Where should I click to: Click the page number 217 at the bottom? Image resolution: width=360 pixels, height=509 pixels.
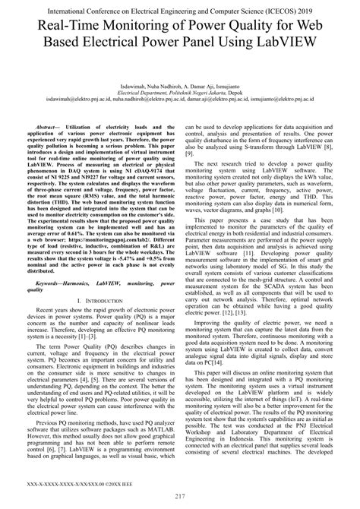[179, 498]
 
